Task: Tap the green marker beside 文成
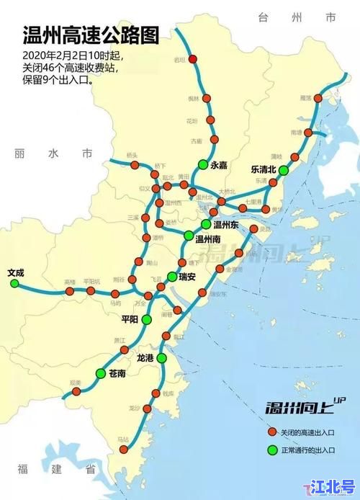pos(14,284)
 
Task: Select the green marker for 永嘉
pos(204,164)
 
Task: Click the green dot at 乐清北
pos(284,170)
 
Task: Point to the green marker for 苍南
pos(100,372)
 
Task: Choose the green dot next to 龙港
pos(162,357)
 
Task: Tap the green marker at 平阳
pos(146,319)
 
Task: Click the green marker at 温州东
pos(206,223)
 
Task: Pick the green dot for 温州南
pos(189,236)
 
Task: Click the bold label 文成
pos(15,272)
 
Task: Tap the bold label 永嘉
pos(219,165)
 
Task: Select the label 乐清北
pos(263,169)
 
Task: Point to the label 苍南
pos(117,373)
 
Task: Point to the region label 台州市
pos(302,15)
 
